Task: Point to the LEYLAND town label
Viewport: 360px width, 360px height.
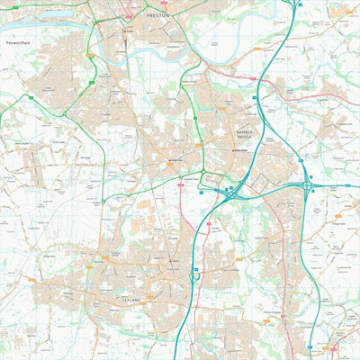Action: coord(131,297)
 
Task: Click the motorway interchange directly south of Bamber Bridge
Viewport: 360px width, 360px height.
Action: coord(232,191)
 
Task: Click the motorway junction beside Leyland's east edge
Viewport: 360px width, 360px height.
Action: coord(194,278)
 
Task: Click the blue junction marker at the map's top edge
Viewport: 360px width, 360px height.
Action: coord(299,4)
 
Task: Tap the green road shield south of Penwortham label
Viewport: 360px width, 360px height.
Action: coord(89,56)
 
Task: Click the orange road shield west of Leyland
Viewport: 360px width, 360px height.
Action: coord(33,281)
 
